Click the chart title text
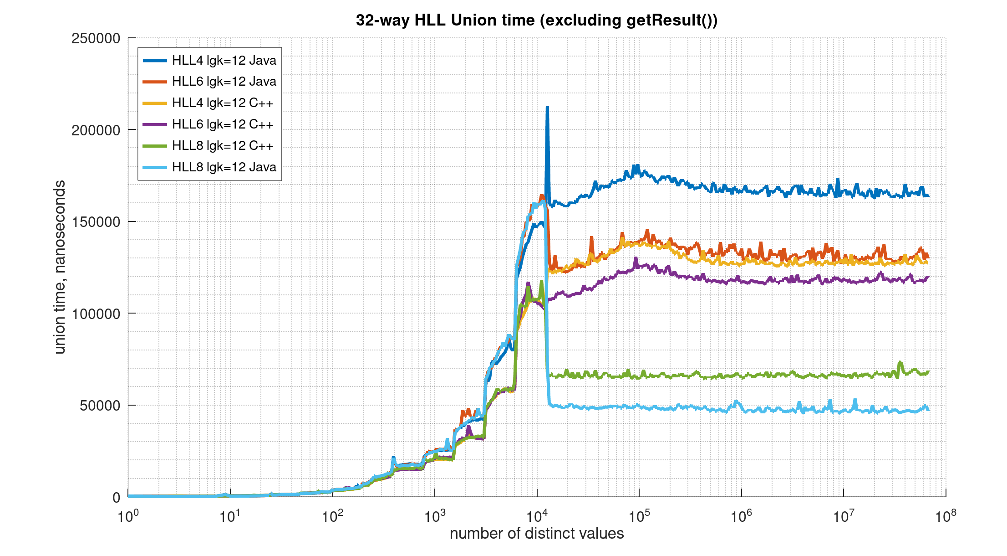pos(536,21)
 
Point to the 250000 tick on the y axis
pos(96,38)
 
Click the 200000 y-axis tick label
pos(96,130)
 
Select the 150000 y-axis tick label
pos(96,222)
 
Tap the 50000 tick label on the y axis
pos(100,406)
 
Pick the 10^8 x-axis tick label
pos(945,516)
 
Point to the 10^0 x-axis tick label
pos(128,516)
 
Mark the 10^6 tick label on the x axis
pos(741,516)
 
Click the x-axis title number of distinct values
pos(536,533)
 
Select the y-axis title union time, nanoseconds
pos(60,267)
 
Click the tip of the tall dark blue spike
pos(547,108)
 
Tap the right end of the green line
pos(929,372)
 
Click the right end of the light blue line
pos(929,410)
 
